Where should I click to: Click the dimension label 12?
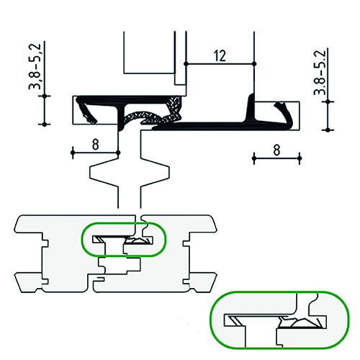[220, 55]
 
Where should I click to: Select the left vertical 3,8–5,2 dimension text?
[35, 67]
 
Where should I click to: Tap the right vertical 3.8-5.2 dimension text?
[320, 73]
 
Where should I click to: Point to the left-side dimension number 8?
[96, 145]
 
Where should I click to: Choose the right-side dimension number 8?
[276, 150]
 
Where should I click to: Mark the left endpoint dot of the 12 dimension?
[186, 64]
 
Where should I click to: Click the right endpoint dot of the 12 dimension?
[254, 64]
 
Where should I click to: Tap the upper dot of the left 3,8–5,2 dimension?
[45, 96]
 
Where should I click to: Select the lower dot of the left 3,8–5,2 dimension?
[45, 125]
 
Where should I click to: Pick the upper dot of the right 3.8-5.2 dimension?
[328, 102]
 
